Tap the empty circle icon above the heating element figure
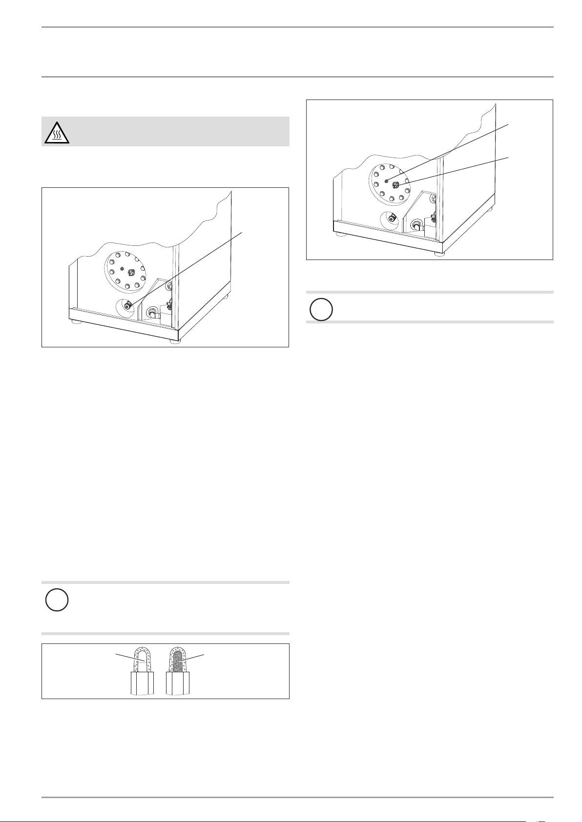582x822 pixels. (x=56, y=601)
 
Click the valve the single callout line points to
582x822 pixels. (x=128, y=306)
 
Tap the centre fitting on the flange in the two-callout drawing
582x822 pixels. (x=396, y=184)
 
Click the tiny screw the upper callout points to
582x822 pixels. (x=386, y=181)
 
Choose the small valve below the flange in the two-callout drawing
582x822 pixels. (x=391, y=220)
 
